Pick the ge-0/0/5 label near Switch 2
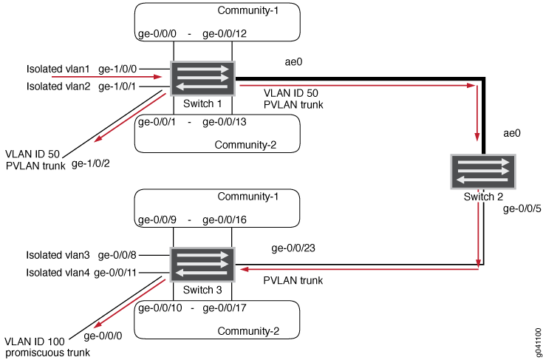[x=520, y=209]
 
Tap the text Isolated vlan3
[x=58, y=256]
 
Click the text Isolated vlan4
[x=58, y=273]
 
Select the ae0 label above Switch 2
[x=512, y=134]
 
